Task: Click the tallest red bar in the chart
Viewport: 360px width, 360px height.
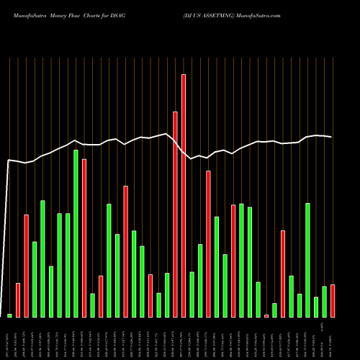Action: (184, 195)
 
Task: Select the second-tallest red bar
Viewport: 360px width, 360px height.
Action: (175, 215)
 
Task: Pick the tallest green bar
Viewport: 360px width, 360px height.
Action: (76, 233)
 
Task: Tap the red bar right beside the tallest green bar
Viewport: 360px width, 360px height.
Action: (84, 238)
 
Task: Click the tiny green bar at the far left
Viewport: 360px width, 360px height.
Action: (9, 315)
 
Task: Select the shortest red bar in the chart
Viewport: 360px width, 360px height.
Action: (266, 315)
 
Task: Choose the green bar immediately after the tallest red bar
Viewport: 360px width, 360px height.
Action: (192, 294)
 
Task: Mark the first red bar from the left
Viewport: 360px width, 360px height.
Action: (18, 300)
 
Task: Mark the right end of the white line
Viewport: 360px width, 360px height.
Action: (332, 137)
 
